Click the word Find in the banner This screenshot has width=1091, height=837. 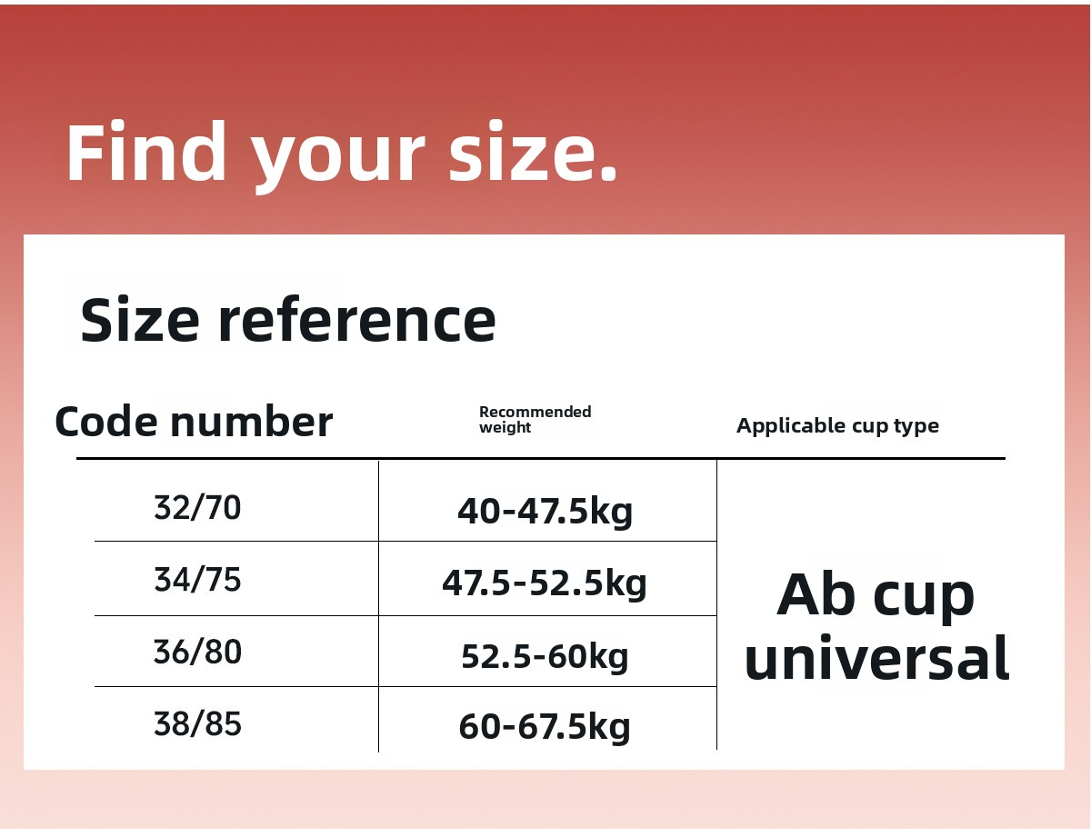tap(146, 151)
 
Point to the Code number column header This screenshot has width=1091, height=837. tap(194, 422)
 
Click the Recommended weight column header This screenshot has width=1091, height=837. tap(535, 419)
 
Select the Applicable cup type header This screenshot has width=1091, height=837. tap(837, 425)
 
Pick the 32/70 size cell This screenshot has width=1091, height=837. tap(197, 507)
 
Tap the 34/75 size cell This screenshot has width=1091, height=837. tap(197, 580)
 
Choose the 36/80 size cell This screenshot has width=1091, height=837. tap(197, 652)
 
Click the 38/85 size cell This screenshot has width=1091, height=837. tap(197, 723)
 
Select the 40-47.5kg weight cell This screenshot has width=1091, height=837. tap(545, 513)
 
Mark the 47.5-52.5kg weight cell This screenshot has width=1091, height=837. tap(545, 584)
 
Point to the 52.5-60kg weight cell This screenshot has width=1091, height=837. tap(545, 657)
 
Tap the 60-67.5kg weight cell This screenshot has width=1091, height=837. tap(545, 728)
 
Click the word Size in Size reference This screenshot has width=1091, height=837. tap(140, 319)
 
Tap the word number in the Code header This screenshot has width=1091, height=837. tap(252, 422)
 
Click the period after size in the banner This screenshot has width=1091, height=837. tap(607, 172)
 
